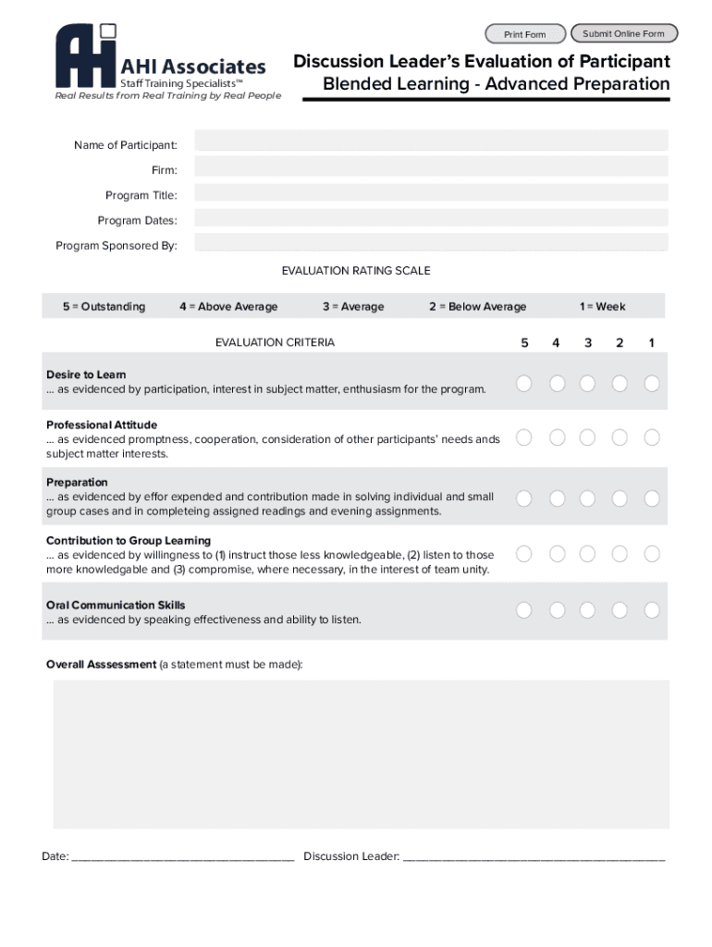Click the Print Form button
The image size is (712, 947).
point(524,34)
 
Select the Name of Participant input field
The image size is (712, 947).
point(431,141)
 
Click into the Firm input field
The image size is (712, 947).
point(431,166)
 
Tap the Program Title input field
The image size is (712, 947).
point(431,192)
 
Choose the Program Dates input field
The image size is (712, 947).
point(431,218)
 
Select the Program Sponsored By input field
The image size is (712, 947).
point(431,243)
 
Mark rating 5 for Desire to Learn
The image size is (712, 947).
point(524,383)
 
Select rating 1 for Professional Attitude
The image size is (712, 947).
point(652,437)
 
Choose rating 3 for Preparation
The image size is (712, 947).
point(588,498)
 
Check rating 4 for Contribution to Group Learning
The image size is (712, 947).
point(557,554)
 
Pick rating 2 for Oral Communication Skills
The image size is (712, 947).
point(620,610)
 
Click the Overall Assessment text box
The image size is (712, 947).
point(361,754)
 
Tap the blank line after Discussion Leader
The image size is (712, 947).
point(534,856)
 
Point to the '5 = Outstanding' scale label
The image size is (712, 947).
point(104,307)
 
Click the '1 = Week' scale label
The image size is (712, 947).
point(602,307)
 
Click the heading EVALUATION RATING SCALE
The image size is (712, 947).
point(356,271)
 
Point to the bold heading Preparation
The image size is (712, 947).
point(77,483)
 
